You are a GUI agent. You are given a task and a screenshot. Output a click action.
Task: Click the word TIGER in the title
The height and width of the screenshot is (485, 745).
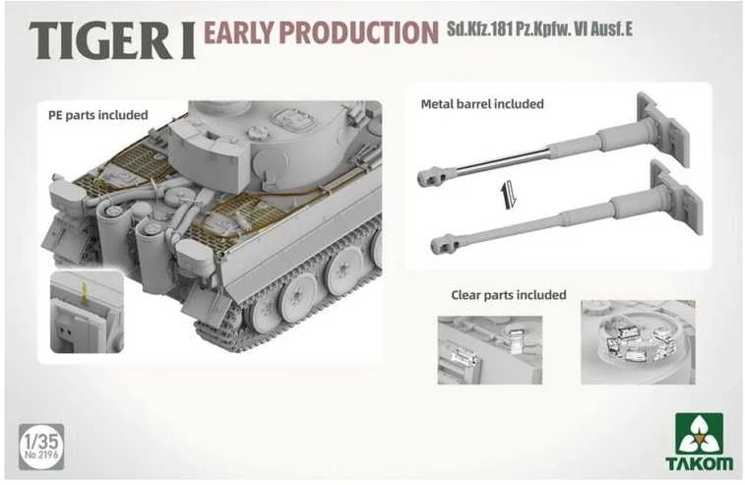click(x=100, y=40)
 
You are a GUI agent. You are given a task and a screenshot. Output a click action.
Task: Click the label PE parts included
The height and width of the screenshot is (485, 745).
click(x=97, y=115)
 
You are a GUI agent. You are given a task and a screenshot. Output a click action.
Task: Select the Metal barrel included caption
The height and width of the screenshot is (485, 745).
click(x=482, y=103)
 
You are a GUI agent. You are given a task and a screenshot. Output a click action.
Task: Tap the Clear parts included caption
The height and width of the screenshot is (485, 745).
click(x=509, y=295)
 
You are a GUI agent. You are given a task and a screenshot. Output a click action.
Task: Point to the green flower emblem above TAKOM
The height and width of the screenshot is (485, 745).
click(x=699, y=434)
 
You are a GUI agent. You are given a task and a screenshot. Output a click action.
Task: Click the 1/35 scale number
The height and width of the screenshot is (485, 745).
click(x=41, y=442)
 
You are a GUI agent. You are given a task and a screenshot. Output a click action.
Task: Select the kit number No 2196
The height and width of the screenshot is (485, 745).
click(x=41, y=455)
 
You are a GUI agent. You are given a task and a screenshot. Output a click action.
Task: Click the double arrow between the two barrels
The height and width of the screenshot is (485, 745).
click(x=508, y=195)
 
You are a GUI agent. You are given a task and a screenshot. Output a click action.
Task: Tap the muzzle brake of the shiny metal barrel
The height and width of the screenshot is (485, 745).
click(x=430, y=176)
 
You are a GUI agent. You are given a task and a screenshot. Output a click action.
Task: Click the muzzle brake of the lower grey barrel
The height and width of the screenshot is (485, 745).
click(x=444, y=244)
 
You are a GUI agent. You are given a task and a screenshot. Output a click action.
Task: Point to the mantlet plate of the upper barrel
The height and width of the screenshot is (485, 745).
click(x=663, y=129)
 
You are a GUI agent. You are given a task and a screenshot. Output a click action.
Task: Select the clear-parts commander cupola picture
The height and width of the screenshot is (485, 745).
click(x=638, y=342)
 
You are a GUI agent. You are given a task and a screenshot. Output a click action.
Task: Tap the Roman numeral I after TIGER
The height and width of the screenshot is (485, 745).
click(x=187, y=41)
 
